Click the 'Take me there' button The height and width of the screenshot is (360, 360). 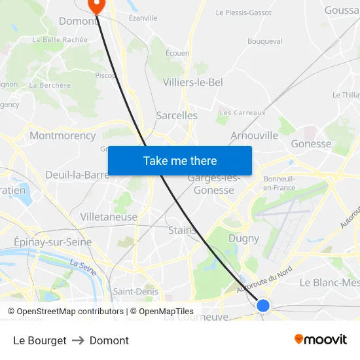[180, 160]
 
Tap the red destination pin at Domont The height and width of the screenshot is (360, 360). [96, 6]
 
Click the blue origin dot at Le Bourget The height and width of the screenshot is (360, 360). [263, 305]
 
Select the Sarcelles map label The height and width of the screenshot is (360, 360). [177, 115]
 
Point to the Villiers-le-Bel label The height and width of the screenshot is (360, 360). [192, 82]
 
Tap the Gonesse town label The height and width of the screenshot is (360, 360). [311, 144]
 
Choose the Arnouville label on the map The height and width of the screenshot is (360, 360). [254, 135]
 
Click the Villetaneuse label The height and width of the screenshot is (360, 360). [109, 217]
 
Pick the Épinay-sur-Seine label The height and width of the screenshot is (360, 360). [53, 242]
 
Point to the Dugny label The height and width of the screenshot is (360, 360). [243, 239]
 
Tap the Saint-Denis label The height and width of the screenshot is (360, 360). [135, 291]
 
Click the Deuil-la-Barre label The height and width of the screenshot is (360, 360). [77, 175]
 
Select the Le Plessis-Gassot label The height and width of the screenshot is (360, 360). [243, 12]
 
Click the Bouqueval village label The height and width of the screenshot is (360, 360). [264, 41]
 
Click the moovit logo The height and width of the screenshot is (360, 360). [321, 340]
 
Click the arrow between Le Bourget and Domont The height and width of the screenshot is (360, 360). [78, 340]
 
